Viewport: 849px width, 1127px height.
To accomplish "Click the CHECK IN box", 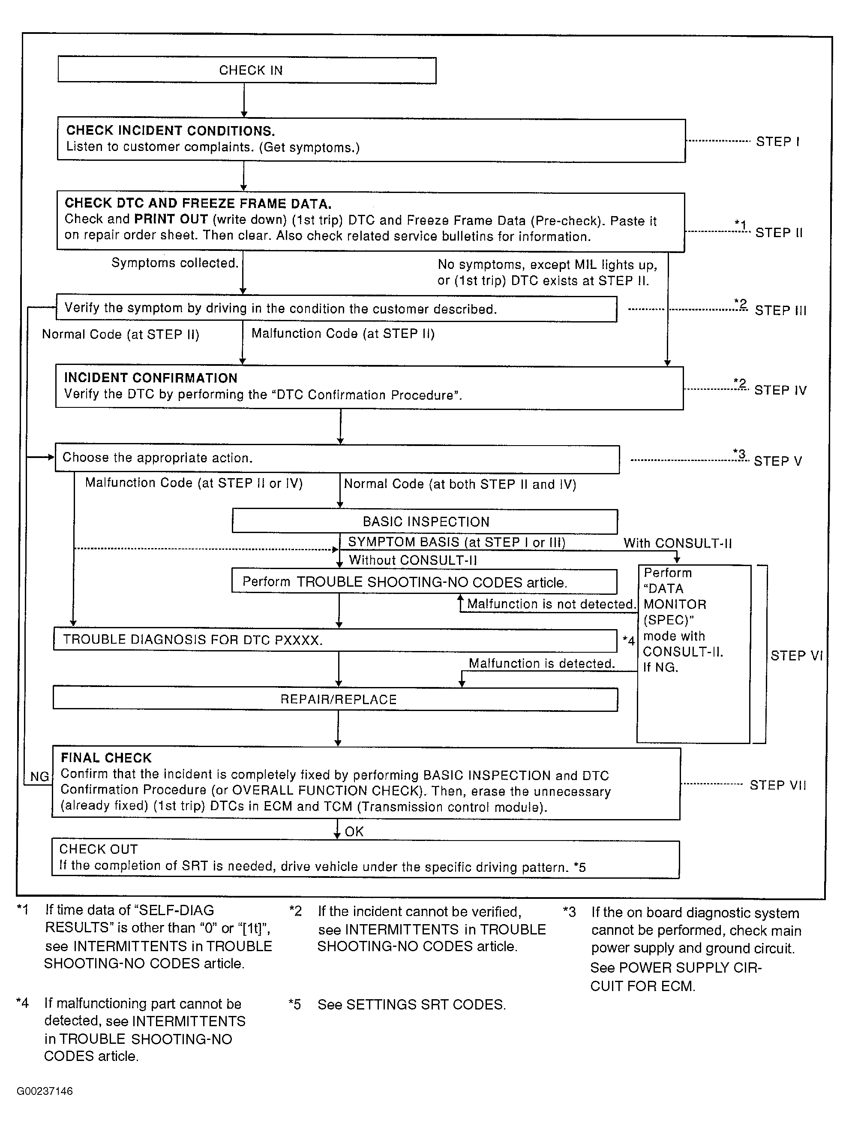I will click(247, 70).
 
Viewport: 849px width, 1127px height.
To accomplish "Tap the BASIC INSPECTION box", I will click(425, 522).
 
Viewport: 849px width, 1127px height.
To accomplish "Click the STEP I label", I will click(777, 142).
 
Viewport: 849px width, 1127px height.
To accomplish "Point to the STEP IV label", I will click(780, 390).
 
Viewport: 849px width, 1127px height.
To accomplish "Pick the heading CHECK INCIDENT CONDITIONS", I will click(171, 131).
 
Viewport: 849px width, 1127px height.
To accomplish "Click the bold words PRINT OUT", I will click(171, 220).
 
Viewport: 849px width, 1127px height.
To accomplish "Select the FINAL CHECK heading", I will click(106, 758).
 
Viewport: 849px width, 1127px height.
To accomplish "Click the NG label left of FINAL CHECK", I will click(40, 777).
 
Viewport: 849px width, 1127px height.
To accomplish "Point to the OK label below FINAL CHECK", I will click(354, 832).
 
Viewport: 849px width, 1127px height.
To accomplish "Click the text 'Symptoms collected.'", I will click(175, 263).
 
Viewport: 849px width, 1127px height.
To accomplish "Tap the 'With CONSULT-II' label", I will click(678, 543).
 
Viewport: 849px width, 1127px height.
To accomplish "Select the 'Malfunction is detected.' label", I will click(541, 663).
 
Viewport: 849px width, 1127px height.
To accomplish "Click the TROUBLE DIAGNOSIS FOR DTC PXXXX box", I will click(335, 640).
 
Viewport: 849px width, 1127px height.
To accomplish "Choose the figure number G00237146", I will click(45, 1091).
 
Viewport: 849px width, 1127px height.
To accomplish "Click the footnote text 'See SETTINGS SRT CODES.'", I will click(411, 1005).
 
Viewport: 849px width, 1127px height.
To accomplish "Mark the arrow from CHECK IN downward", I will click(244, 100).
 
